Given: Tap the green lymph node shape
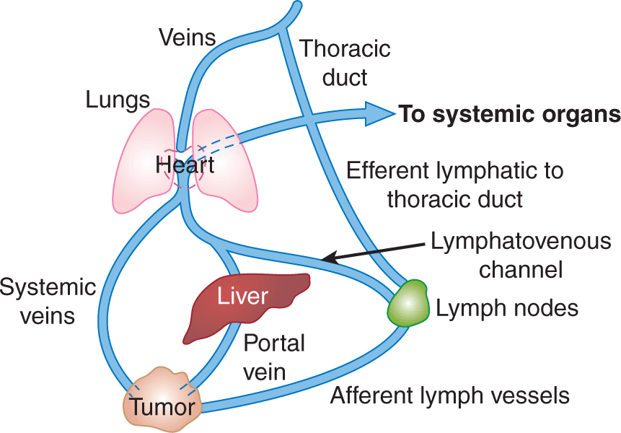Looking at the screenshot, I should pyautogui.click(x=408, y=303).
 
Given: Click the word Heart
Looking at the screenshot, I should pyautogui.click(x=185, y=165).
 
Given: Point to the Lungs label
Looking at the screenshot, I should pyautogui.click(x=118, y=100).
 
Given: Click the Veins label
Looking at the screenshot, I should pyautogui.click(x=187, y=37).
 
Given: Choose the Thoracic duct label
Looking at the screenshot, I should pyautogui.click(x=345, y=63).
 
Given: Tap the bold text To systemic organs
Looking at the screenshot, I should pyautogui.click(x=510, y=114).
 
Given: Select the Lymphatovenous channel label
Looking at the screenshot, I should pyautogui.click(x=520, y=255).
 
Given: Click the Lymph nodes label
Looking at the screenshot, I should pyautogui.click(x=507, y=308).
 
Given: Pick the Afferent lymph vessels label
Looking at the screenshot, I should pyautogui.click(x=449, y=395).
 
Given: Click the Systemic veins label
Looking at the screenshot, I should pyautogui.click(x=48, y=302).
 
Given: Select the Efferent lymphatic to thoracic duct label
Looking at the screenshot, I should pyautogui.click(x=454, y=185).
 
